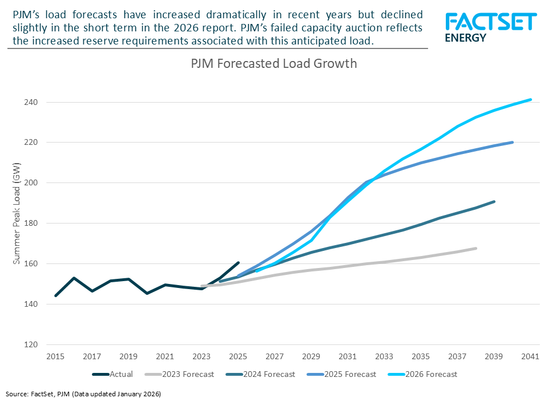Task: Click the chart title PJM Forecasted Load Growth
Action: (273, 63)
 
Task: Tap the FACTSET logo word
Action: (490, 22)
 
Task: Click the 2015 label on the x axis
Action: (55, 357)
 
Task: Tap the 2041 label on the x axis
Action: (530, 357)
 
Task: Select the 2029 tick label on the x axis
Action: (311, 357)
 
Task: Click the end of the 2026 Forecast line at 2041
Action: (531, 99)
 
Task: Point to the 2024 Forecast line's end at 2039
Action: (494, 201)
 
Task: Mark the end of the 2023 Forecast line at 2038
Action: (476, 248)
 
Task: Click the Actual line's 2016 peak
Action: (74, 278)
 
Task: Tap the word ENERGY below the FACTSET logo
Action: (465, 38)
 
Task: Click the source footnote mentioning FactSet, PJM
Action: (84, 393)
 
